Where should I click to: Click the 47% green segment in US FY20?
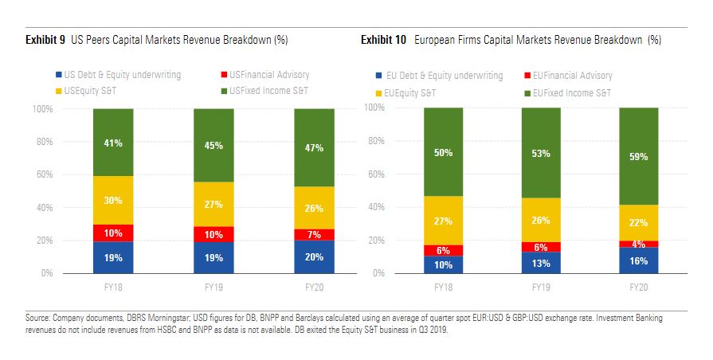[314, 147]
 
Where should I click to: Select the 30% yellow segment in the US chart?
[113, 201]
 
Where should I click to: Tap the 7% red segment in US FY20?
[314, 234]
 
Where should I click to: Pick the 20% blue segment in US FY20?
[314, 256]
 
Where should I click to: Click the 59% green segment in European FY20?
[639, 156]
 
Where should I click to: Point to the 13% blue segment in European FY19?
[542, 263]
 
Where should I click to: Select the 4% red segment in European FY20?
[639, 244]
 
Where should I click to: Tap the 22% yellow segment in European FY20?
[639, 222]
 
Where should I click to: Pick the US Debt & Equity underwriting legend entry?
[129, 75]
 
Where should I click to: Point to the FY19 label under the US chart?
[214, 284]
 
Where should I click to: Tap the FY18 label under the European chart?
[444, 284]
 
